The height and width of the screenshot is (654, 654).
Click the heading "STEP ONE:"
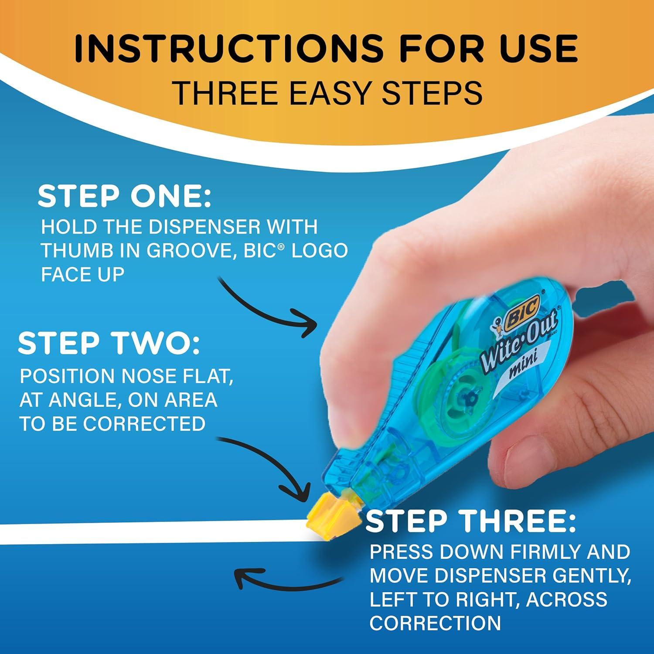click(x=124, y=197)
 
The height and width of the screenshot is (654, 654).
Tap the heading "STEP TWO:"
click(x=109, y=344)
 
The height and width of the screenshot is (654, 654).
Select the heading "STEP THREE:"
click(x=470, y=522)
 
